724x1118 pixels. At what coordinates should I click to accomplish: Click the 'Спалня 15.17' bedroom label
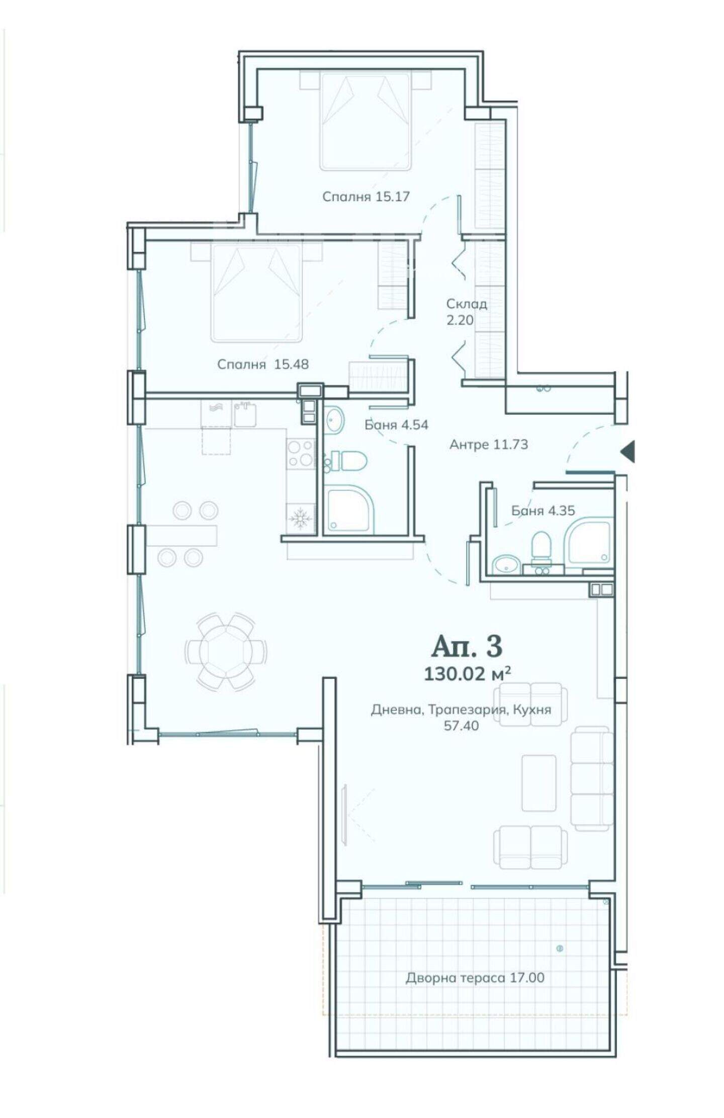pyautogui.click(x=366, y=196)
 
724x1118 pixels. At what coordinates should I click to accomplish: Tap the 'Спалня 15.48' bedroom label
pyautogui.click(x=262, y=364)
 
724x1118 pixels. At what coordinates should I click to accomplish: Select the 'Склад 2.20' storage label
pyautogui.click(x=466, y=312)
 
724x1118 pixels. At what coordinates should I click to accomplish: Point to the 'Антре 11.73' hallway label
pyautogui.click(x=488, y=444)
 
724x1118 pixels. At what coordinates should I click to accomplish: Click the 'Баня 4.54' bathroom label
pyautogui.click(x=396, y=425)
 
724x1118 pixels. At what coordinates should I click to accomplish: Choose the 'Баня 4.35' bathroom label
pyautogui.click(x=542, y=511)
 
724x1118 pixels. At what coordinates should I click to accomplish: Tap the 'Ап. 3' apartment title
pyautogui.click(x=467, y=646)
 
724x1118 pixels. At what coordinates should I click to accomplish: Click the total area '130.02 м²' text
pyautogui.click(x=467, y=673)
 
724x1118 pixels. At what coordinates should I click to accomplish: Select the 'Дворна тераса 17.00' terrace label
pyautogui.click(x=475, y=978)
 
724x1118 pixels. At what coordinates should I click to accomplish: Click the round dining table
pyautogui.click(x=226, y=651)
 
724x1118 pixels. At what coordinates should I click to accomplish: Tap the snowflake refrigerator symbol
pyautogui.click(x=300, y=518)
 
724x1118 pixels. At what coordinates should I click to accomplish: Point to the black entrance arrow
pyautogui.click(x=627, y=451)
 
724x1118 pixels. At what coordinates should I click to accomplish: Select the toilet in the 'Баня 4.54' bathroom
pyautogui.click(x=348, y=460)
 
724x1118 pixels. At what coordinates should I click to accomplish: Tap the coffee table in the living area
pyautogui.click(x=539, y=782)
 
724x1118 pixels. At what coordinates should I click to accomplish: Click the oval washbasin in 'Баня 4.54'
pyautogui.click(x=334, y=420)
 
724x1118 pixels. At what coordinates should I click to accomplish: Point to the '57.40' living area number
pyautogui.click(x=461, y=725)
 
